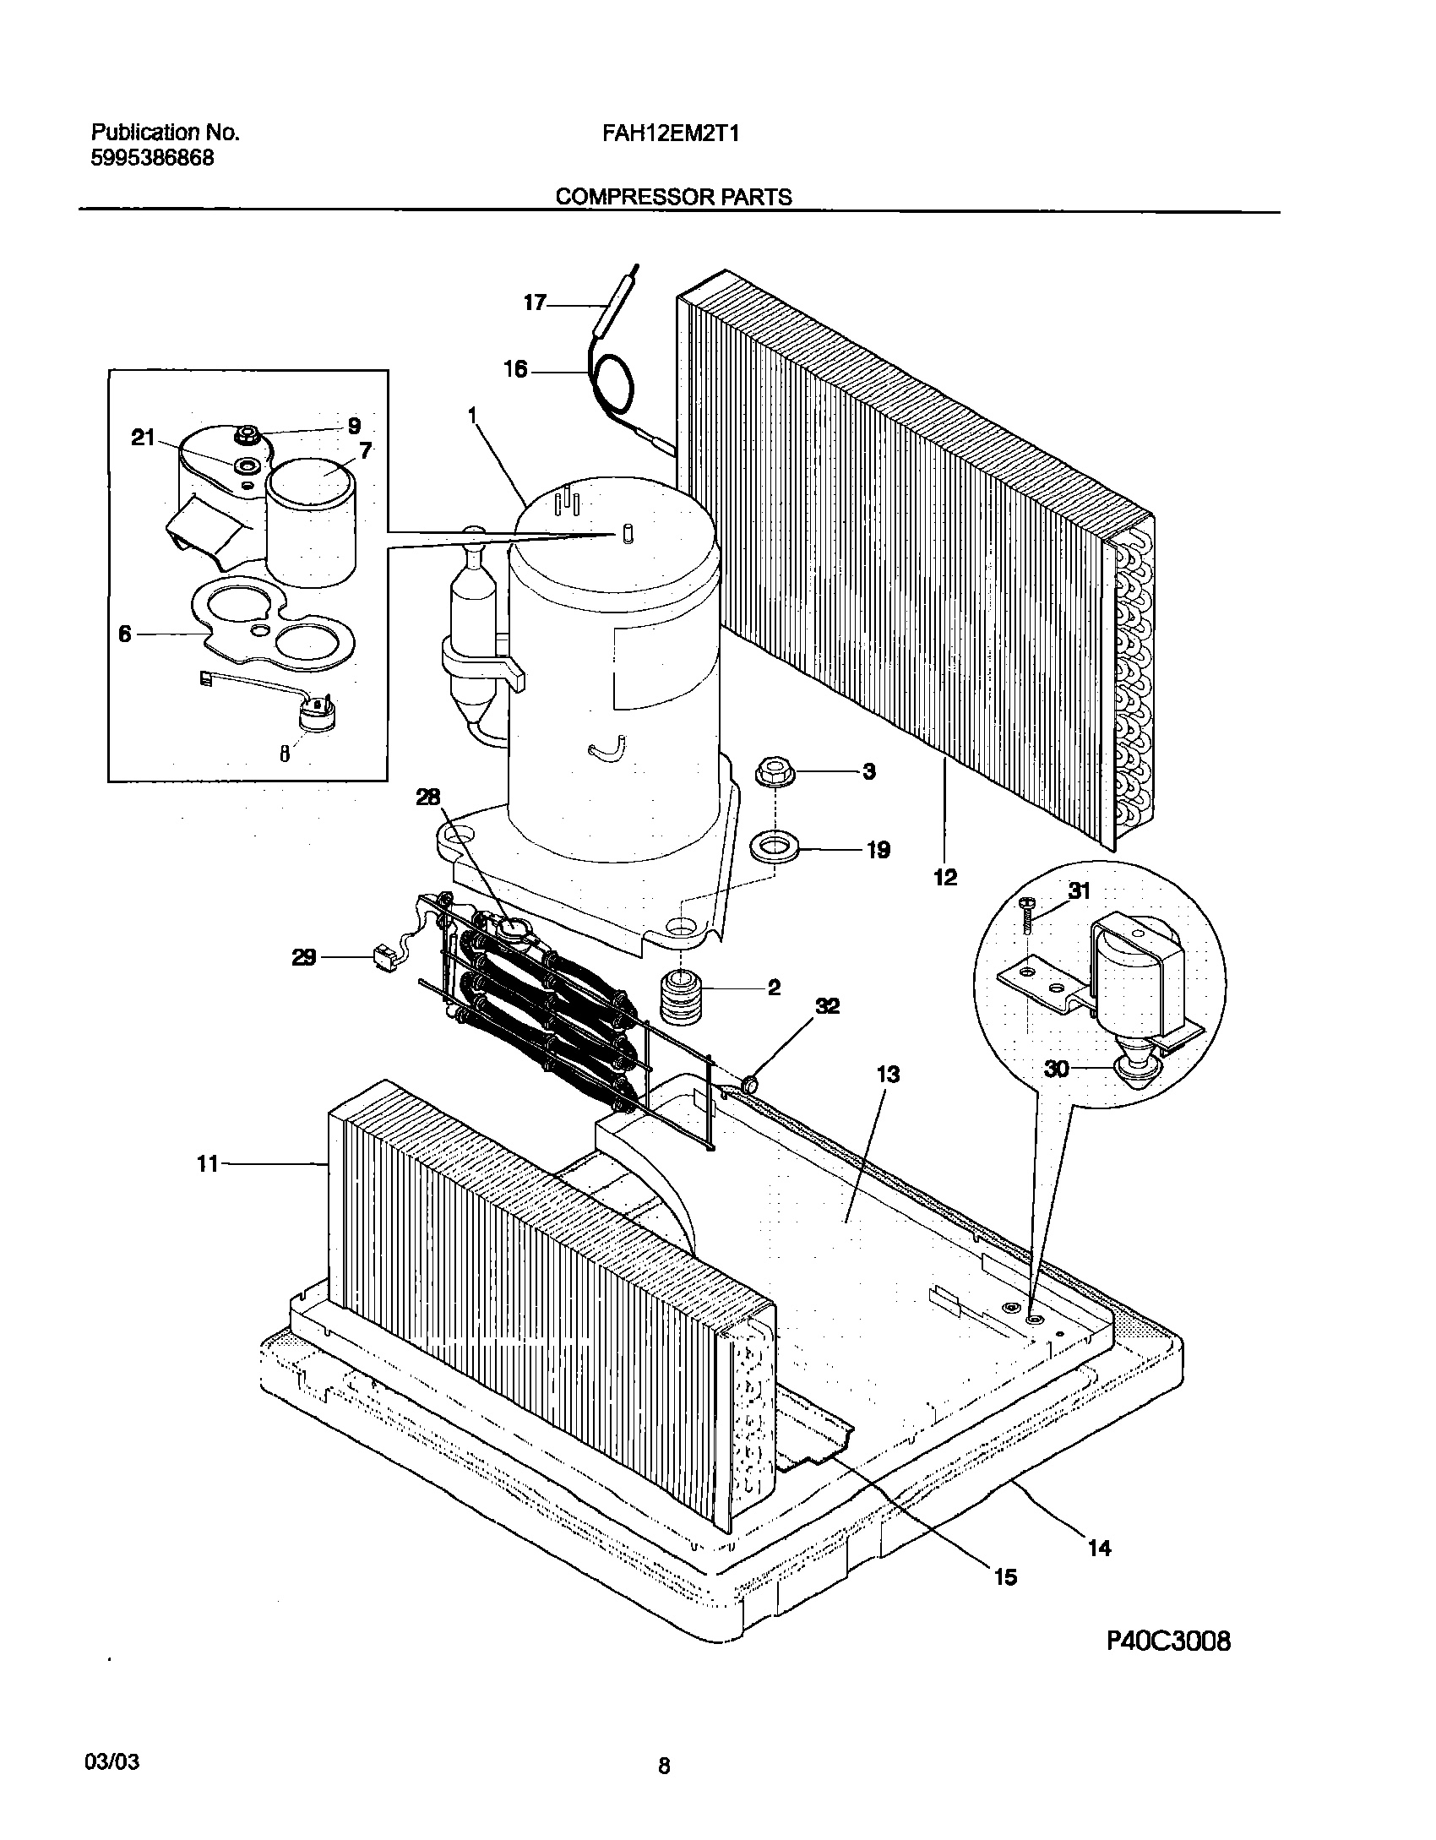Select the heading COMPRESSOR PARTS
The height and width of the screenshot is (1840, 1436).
673,197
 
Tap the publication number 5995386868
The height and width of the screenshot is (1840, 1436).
152,158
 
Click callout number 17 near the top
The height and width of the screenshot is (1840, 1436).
535,303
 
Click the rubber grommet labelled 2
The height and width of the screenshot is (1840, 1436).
680,998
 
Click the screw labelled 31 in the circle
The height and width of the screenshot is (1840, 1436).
1027,914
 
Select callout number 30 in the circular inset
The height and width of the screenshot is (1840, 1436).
1057,1069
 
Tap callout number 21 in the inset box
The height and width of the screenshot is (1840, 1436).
144,437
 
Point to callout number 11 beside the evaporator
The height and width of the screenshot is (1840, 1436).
207,1164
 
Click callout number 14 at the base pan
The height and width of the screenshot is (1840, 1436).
1099,1548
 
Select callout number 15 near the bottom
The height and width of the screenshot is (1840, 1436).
1005,1576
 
